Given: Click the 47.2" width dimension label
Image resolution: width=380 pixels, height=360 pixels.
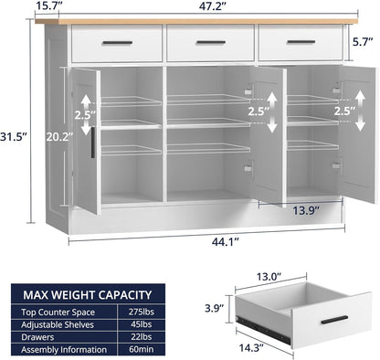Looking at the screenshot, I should pos(211,6).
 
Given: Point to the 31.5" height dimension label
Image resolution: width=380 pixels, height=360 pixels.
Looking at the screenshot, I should pos(15,136).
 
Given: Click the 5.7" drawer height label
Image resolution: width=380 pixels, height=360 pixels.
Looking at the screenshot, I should pos(364,40).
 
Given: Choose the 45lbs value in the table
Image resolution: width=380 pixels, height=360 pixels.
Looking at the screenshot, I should pos(166,324).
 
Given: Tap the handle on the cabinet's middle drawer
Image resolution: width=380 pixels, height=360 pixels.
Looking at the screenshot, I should pos(210,42).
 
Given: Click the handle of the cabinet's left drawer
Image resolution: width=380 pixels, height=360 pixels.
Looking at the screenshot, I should pos(117,43).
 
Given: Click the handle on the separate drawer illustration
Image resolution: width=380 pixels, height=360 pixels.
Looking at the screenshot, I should pos(334,319).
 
